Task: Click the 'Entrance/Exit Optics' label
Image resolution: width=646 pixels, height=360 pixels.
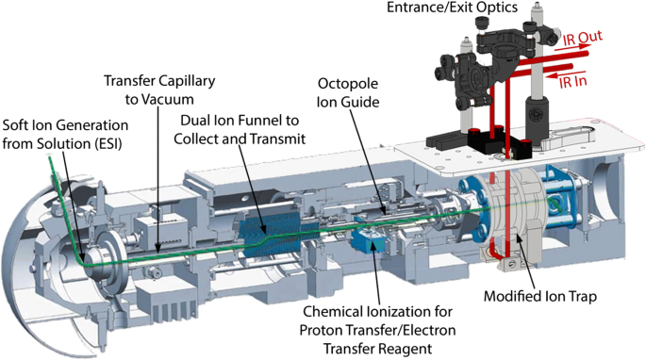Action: tap(452, 8)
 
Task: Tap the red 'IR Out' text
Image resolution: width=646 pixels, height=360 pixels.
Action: tap(583, 39)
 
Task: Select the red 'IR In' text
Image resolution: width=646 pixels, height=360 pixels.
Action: tap(572, 81)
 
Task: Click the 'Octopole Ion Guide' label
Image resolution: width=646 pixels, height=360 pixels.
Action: tap(348, 92)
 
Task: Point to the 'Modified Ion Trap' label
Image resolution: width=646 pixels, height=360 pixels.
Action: tap(540, 296)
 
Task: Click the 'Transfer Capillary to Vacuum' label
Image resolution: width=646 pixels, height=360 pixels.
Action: tap(159, 90)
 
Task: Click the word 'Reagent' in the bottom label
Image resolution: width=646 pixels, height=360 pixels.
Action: tap(405, 349)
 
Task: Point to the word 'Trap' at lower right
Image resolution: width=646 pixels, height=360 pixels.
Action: tap(582, 297)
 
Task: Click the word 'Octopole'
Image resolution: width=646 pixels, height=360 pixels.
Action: tap(348, 84)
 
